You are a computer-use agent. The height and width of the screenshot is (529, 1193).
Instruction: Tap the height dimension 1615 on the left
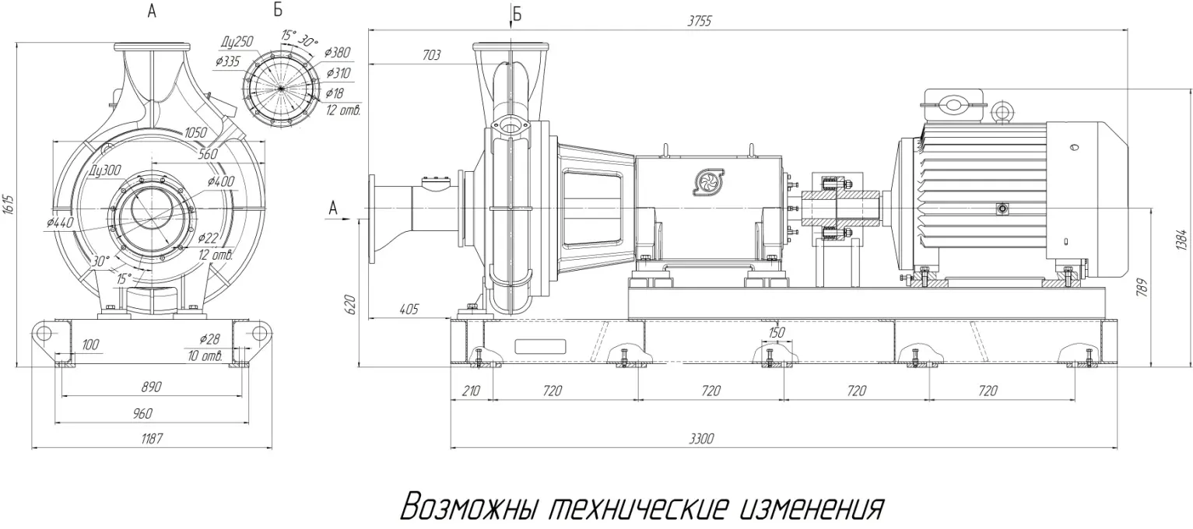9,205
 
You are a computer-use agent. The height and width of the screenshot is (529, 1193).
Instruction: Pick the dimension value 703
430,55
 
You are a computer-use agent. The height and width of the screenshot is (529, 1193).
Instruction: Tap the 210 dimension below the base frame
470,391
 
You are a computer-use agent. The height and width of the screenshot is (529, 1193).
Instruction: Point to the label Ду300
106,170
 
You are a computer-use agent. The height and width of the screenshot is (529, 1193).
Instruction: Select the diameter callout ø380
338,53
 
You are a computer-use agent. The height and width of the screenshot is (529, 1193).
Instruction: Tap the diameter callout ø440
60,222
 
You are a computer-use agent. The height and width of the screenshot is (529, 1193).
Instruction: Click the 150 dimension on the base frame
776,332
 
